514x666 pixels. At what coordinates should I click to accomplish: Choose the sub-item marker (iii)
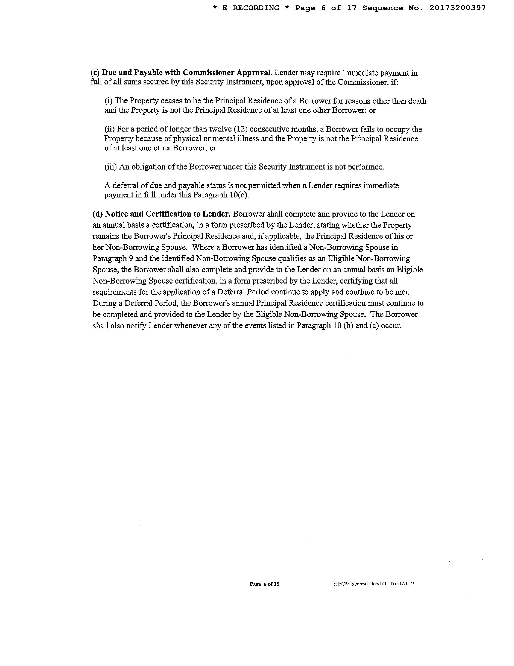point(111,167)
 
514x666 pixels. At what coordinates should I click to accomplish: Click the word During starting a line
point(102,303)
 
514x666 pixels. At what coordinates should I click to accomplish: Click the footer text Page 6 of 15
point(264,584)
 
